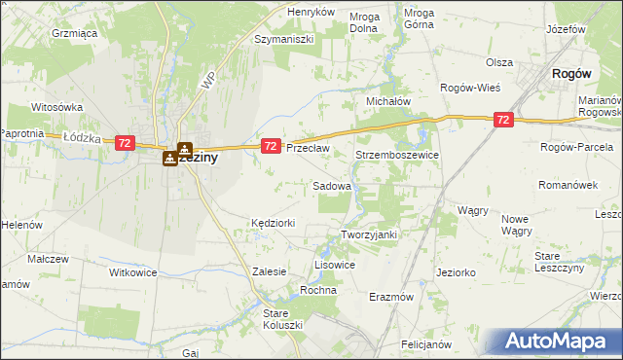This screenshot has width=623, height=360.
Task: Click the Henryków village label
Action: [311, 12]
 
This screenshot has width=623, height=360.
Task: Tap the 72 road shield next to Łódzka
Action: [124, 143]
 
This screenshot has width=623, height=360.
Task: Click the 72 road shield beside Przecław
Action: [272, 146]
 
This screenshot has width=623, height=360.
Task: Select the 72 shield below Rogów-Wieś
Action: [503, 120]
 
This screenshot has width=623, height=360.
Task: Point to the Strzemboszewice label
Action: [398, 155]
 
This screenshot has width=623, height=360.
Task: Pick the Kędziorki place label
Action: [273, 223]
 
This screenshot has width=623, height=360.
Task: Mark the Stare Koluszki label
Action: [283, 318]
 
